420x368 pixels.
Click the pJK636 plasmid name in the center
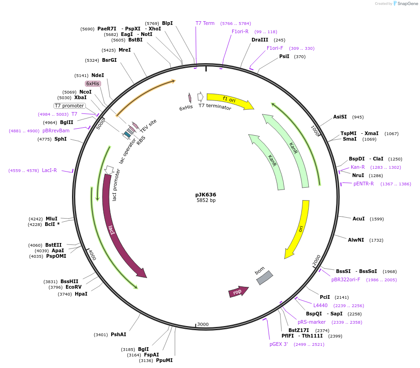pyautogui.click(x=205, y=195)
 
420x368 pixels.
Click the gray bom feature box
pyautogui.click(x=264, y=278)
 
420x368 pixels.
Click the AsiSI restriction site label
pyautogui.click(x=340, y=117)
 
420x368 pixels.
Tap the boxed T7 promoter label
pyautogui.click(x=69, y=106)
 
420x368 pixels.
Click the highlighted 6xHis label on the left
pyautogui.click(x=93, y=83)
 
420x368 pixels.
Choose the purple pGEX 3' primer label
pyautogui.click(x=279, y=344)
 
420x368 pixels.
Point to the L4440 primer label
pyautogui.click(x=320, y=305)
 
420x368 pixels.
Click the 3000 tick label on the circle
pyautogui.click(x=203, y=324)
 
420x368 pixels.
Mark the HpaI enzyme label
pyautogui.click(x=81, y=294)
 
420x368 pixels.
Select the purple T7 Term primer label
pyautogui.click(x=205, y=23)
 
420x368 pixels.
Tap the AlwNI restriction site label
pyautogui.click(x=356, y=240)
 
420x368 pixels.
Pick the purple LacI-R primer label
pyautogui.click(x=49, y=170)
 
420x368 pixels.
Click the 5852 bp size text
pyautogui.click(x=206, y=201)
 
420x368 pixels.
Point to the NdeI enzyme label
pyautogui.click(x=98, y=75)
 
